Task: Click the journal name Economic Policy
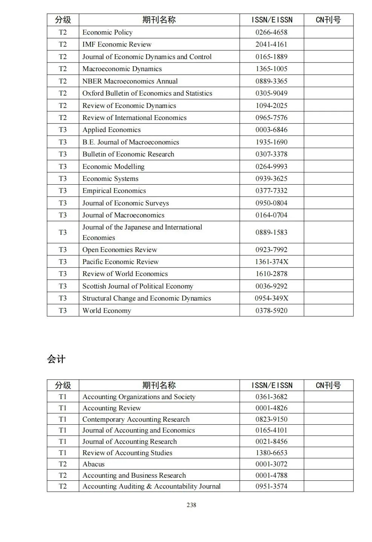click(x=107, y=32)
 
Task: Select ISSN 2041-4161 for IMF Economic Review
click(x=271, y=44)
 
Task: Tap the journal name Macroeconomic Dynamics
click(x=122, y=69)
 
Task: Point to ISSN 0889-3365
click(x=271, y=81)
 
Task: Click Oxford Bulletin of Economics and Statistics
click(x=147, y=93)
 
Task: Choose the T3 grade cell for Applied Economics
click(x=63, y=130)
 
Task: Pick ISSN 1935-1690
click(x=271, y=142)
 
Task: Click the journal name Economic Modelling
click(x=113, y=167)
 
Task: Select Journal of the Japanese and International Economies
click(x=142, y=232)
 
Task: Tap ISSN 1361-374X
click(x=271, y=262)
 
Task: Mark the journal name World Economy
click(x=107, y=311)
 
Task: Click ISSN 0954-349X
click(x=271, y=298)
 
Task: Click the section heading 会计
click(x=56, y=359)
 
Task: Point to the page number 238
click(x=191, y=505)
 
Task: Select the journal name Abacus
click(x=93, y=464)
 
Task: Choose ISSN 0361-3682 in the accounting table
click(x=271, y=397)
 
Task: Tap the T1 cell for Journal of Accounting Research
click(x=63, y=442)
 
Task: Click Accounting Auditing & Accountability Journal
click(x=151, y=486)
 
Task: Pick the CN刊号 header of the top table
click(x=328, y=20)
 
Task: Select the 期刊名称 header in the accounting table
click(x=159, y=385)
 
